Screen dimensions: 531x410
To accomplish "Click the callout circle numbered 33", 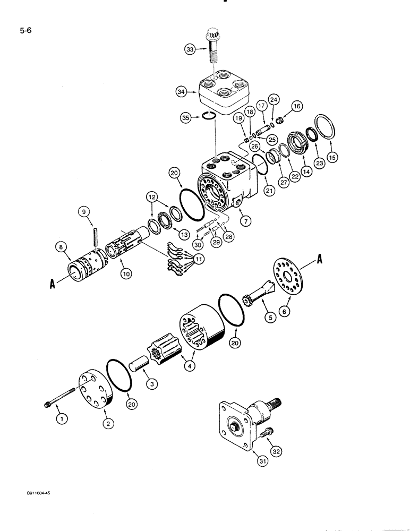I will [x=190, y=50].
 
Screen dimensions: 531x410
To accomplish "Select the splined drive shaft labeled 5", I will [x=257, y=294].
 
